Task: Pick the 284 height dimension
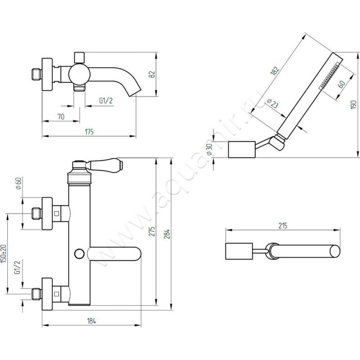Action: coord(168,234)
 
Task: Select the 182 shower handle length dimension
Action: coord(275,69)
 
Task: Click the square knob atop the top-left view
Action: coord(80,57)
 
